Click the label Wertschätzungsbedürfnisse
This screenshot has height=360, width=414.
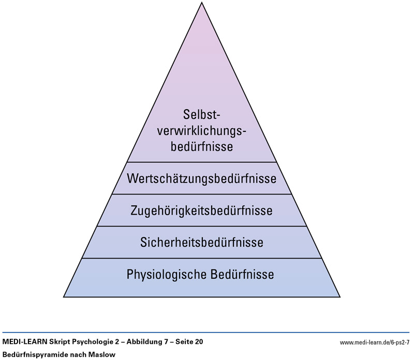[x=202, y=179]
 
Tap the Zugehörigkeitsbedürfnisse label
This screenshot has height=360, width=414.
[x=202, y=211]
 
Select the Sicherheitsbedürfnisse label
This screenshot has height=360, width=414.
[x=202, y=242]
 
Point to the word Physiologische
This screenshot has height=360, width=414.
[x=166, y=274]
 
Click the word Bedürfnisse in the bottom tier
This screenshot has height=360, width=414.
[x=242, y=274]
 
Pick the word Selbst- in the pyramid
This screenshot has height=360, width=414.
[x=202, y=114]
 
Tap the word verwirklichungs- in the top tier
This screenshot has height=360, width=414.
[x=202, y=130]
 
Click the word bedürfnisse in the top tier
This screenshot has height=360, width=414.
[x=202, y=146]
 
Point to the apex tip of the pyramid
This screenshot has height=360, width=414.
[x=202, y=3]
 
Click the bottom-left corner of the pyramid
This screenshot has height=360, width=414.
[x=64, y=296]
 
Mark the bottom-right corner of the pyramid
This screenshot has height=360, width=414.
[x=339, y=296]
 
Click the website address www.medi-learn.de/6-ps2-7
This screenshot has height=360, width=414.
[x=375, y=342]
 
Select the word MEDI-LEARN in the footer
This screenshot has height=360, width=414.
[x=22, y=342]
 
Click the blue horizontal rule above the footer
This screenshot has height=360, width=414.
[x=207, y=333]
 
